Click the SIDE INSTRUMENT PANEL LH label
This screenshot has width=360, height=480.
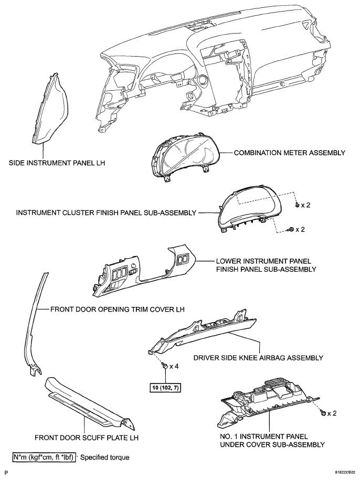(x=57, y=163)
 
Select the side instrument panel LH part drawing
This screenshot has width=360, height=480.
(x=49, y=109)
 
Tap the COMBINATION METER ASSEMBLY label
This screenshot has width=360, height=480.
(x=290, y=153)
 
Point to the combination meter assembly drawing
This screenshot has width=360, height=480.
(x=185, y=158)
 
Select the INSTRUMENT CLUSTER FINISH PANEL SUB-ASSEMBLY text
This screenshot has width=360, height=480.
(x=106, y=213)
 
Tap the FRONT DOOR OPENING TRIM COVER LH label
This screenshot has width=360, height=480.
(x=118, y=309)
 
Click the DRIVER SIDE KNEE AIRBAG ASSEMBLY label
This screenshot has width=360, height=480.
(x=258, y=358)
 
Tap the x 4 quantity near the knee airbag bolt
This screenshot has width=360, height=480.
(x=174, y=366)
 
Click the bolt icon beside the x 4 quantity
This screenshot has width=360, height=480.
(x=165, y=366)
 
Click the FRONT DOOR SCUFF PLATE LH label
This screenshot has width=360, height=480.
(x=87, y=438)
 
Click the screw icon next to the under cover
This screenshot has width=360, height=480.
(x=322, y=413)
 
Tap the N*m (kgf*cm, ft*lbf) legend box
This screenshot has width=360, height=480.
(x=44, y=457)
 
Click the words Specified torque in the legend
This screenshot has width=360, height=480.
(x=105, y=457)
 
